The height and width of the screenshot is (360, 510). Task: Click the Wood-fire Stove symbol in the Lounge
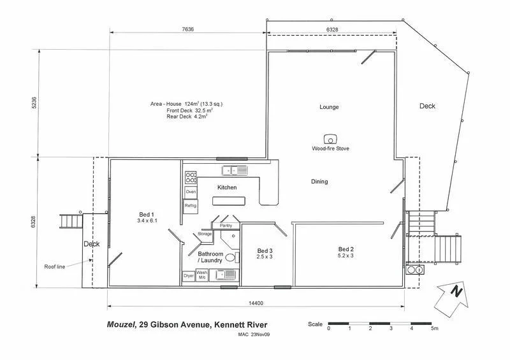[330, 139]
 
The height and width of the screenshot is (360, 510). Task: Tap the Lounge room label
[329, 107]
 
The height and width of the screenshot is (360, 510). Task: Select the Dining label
[319, 182]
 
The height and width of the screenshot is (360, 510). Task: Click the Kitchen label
[227, 187]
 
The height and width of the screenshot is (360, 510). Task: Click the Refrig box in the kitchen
[191, 206]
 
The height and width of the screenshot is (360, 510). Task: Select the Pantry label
[226, 226]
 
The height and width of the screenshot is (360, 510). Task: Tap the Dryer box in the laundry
[189, 276]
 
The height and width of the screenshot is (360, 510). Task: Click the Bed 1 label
[147, 214]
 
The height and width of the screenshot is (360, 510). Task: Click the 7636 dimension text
[187, 29]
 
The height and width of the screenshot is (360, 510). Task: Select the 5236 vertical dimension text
[34, 103]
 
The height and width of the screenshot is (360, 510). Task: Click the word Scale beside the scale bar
[315, 324]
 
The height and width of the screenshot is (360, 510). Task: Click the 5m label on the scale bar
[433, 329]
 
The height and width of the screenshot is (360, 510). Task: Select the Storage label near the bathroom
[204, 234]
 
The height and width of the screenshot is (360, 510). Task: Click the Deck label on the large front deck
[427, 106]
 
